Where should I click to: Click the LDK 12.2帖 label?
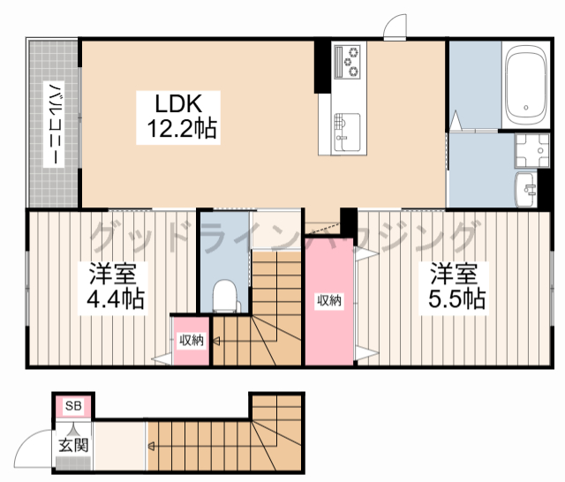click(178, 117)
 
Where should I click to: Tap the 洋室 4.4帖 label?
click(113, 287)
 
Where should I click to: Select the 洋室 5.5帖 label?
click(455, 287)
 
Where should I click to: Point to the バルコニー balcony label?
click(54, 124)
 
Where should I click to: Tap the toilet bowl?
click(224, 296)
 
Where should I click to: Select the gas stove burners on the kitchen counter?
click(347, 62)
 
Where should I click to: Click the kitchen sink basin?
click(347, 132)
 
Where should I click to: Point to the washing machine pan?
click(531, 150)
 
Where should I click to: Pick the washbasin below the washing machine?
click(526, 190)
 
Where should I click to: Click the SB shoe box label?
click(73, 406)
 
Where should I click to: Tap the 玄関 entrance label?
click(73, 445)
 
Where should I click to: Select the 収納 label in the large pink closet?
click(329, 300)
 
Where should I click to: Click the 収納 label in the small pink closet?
click(192, 340)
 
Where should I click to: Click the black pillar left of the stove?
click(322, 66)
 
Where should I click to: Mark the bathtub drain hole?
click(526, 108)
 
